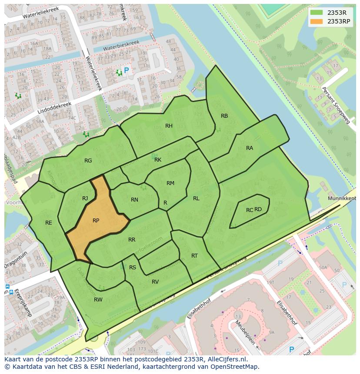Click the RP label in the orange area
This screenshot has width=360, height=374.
96,221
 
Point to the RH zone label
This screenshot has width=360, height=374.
169,126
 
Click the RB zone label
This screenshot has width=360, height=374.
224,116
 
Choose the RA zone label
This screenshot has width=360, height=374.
250,148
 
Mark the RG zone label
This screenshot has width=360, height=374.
88,161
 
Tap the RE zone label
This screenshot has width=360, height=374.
49,223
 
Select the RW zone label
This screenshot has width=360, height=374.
98,300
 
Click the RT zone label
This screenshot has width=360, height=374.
194,256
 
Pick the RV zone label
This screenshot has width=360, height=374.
155,282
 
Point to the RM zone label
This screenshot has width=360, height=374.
170,183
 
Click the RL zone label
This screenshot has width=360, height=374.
196,199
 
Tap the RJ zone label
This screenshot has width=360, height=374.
85,199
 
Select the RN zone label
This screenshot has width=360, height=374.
134,200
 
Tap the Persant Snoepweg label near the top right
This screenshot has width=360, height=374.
336,106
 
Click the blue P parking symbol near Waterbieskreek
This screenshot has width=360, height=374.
127,70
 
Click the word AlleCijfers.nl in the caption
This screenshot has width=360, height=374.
226,359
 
